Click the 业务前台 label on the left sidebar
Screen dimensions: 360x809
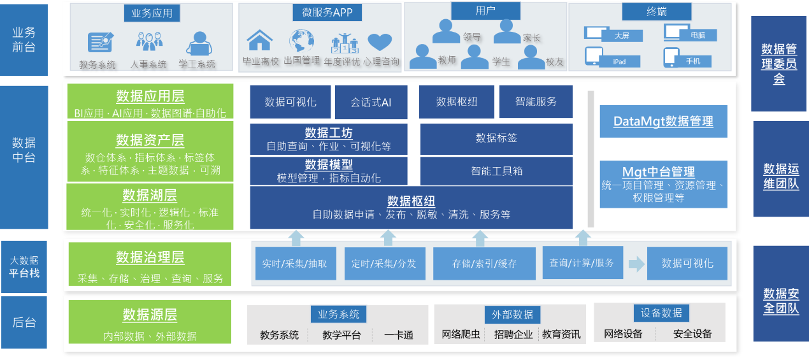click(24, 39)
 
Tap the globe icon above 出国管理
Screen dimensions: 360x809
click(301, 41)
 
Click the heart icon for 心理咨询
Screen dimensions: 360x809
click(380, 42)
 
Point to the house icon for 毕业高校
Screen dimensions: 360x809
click(259, 40)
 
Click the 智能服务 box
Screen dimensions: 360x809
click(536, 102)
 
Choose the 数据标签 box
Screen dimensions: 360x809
click(496, 138)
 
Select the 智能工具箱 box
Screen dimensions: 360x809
click(496, 171)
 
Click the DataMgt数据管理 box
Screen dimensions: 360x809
click(663, 121)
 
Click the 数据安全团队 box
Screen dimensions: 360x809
click(780, 301)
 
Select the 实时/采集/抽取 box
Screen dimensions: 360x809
click(294, 263)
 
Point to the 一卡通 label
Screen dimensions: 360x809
click(399, 335)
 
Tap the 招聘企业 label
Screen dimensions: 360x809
click(513, 335)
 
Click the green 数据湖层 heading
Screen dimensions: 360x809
click(150, 195)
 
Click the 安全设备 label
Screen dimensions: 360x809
click(692, 334)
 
